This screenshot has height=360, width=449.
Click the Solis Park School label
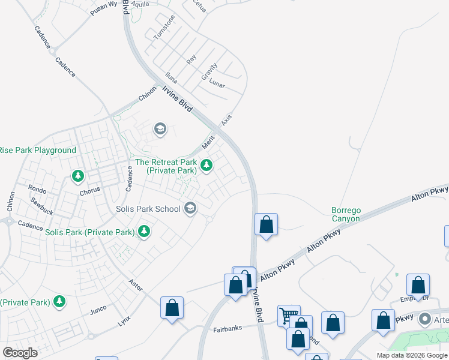tap(148, 209)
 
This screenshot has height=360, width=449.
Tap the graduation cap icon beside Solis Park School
tap(191, 208)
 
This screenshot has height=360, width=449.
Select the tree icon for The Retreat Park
tap(206, 165)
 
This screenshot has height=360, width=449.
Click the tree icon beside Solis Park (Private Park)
tap(143, 231)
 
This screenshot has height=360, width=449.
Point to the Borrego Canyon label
tap(346, 215)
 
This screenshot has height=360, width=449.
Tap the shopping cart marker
tap(289, 315)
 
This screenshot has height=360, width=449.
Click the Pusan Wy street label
tap(103, 5)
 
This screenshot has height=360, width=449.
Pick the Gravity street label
tap(209, 71)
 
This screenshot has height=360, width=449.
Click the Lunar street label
tap(217, 85)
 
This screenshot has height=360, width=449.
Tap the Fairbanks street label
tap(227, 329)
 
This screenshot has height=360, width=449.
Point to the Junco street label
tap(98, 310)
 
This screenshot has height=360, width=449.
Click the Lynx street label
tap(124, 320)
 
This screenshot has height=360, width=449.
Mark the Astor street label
tap(136, 286)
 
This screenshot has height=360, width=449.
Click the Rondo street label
tap(37, 189)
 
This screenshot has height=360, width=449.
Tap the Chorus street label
tap(90, 193)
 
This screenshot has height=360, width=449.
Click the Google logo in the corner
tap(20, 353)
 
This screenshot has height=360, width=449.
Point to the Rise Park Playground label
tap(37, 150)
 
